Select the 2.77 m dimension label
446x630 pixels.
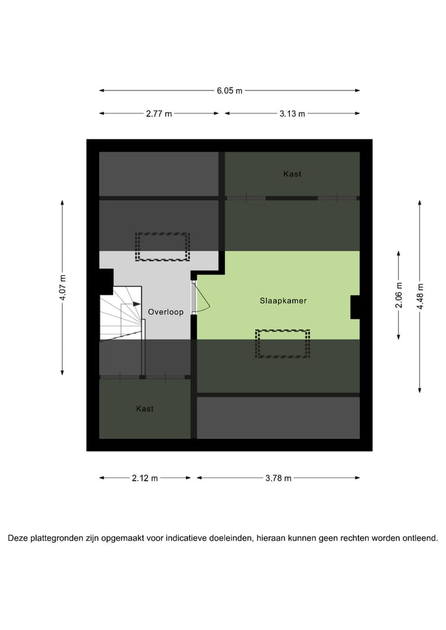159,113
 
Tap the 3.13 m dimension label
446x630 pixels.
292,113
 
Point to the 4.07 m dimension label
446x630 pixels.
62,287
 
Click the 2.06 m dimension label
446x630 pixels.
399,295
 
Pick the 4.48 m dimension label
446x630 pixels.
420,295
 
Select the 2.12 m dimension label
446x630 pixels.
145,478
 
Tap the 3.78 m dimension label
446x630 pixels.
278,478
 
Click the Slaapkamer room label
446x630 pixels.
283,300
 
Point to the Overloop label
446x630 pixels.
165,312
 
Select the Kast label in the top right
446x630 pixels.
292,174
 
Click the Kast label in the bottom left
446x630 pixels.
144,409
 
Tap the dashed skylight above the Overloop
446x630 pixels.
162,247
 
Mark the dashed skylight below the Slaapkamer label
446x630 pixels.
283,344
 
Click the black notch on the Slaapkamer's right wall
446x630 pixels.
355,307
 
